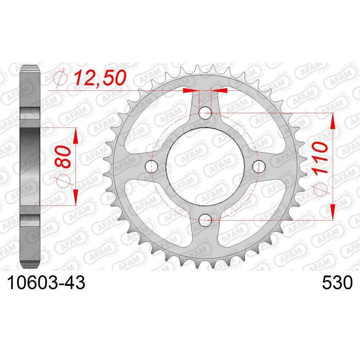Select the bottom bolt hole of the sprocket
(x=205, y=218)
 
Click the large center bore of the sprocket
(x=205, y=166)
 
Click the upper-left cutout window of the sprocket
(x=160, y=120)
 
